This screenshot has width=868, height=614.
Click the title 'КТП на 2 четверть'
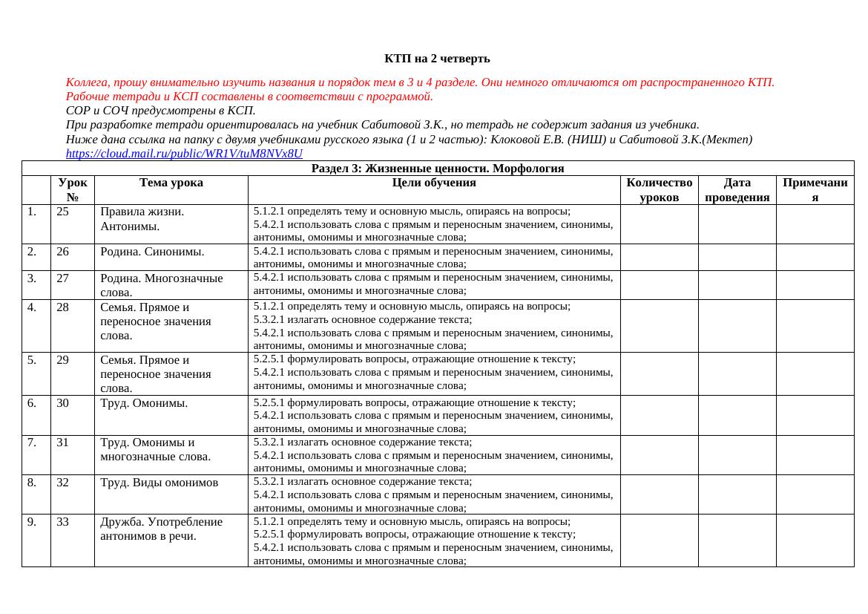point(437,59)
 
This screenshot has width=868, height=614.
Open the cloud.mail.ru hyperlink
point(184,154)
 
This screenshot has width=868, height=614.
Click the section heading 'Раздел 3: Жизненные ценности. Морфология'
point(438,169)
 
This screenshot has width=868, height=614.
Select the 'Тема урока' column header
point(171,183)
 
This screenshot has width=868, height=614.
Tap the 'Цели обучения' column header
point(434,183)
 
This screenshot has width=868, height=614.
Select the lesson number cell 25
point(63,212)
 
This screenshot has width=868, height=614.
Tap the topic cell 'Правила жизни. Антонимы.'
point(142,219)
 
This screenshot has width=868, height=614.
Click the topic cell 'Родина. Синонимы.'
point(152,252)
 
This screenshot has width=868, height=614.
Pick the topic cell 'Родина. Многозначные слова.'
point(161,285)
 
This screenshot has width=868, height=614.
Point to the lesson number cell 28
point(63,307)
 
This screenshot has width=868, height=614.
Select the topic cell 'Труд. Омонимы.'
point(144,403)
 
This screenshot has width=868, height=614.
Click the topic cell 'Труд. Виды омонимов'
point(159,483)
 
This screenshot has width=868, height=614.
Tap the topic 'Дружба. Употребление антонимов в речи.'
point(161,529)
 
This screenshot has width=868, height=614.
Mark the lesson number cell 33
point(63,522)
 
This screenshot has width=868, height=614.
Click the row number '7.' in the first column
point(33,442)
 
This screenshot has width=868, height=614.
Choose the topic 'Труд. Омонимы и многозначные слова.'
point(155,449)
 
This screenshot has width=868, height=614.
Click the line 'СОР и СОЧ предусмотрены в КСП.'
point(161,111)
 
